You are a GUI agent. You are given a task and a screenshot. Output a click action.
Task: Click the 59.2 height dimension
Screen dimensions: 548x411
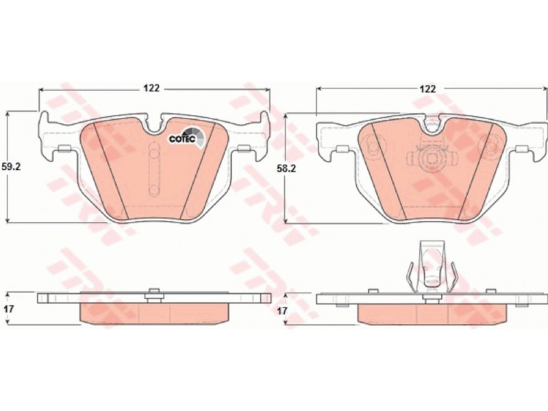pos(12,166)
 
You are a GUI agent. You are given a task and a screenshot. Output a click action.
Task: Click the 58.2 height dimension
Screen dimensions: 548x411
pos(286,169)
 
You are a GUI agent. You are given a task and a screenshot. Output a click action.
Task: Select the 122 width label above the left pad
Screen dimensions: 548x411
pos(151,88)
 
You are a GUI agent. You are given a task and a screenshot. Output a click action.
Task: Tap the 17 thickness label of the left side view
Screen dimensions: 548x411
pos(8,309)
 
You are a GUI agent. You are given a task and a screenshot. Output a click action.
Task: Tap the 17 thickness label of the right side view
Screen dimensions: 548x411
pos(283,310)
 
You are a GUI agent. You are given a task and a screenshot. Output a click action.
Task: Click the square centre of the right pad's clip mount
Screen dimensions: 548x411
pos(432,160)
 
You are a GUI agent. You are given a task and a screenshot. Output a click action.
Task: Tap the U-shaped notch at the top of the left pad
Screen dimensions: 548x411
pos(153,125)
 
